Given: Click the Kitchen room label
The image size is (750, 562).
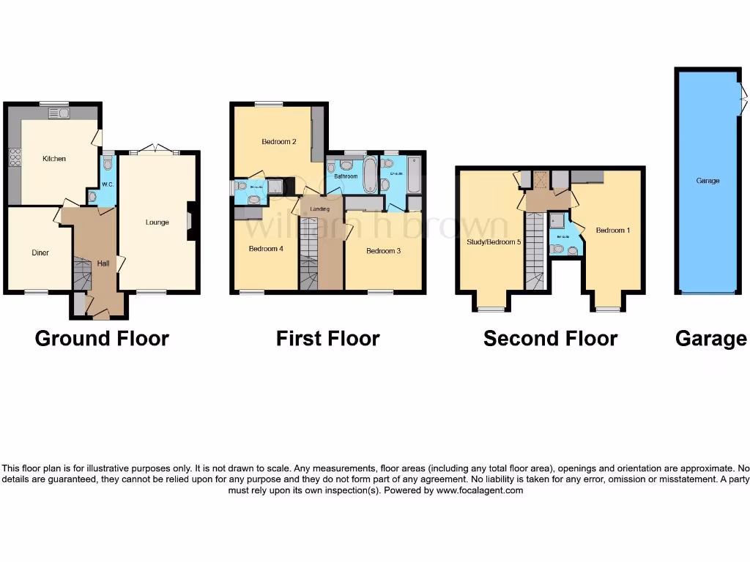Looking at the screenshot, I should pos(54,159).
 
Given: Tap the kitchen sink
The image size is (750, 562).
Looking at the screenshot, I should pos(58,113).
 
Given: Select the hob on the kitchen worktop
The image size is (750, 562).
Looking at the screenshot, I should pos(14,157).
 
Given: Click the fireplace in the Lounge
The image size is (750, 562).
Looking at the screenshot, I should pos(191,222).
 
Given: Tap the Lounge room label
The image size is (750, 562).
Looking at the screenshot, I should pos(157,222).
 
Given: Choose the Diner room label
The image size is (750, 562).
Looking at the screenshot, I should pos(40,253).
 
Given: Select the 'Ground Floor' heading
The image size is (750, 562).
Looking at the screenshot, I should pos(102,339).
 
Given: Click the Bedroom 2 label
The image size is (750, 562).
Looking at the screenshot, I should pos(279,142).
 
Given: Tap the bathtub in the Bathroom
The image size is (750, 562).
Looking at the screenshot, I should pos(370,175).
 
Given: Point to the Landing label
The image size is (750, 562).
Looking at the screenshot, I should pos(320,209).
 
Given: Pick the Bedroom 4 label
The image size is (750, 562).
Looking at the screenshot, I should pos(266,249).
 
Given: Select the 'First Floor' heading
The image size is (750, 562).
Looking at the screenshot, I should pos(327,339).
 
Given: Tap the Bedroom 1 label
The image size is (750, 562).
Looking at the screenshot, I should pos(613,231).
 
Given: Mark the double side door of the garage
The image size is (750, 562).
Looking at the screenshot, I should pos(742,92).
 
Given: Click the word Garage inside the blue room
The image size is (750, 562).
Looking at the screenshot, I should pos(708,181).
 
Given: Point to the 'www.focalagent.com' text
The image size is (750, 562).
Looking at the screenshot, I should pos(480,490).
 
